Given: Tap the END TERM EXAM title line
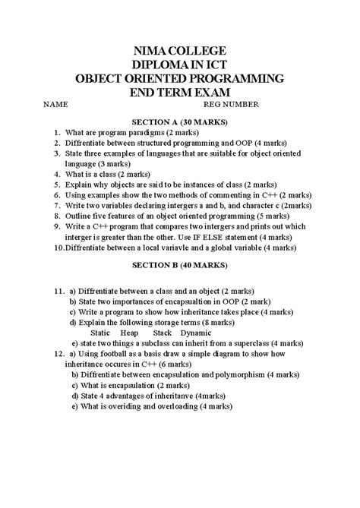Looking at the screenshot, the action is (x=180, y=92).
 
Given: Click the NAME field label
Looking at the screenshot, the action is (x=55, y=105).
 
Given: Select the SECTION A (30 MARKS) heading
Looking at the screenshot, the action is (x=181, y=121).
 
